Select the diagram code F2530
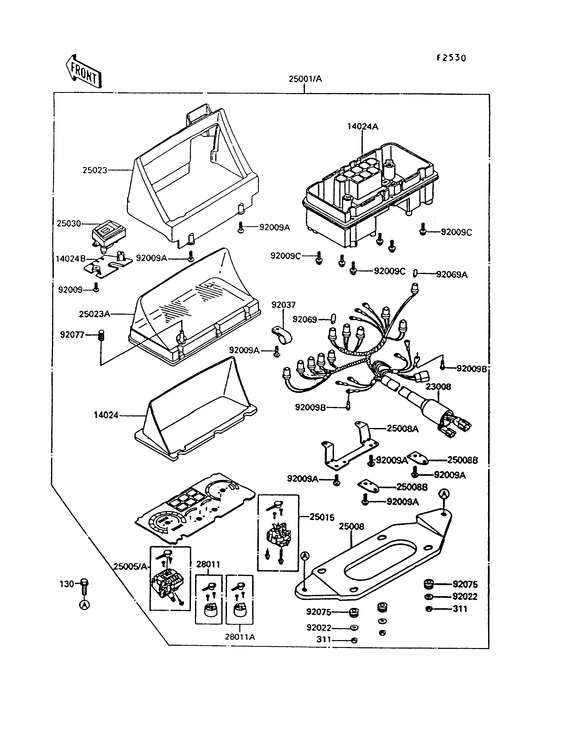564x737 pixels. point(451,58)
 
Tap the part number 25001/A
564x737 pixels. point(305,79)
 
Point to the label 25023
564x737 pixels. point(95,170)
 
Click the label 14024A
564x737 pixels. point(363,126)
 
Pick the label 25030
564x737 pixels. point(69,223)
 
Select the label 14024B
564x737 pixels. point(70,259)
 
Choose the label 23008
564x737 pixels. point(438,387)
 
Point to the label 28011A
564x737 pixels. point(240,637)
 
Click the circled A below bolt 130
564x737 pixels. point(84,605)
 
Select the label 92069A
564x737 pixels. point(452,275)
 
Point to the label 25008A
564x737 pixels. point(402,429)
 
